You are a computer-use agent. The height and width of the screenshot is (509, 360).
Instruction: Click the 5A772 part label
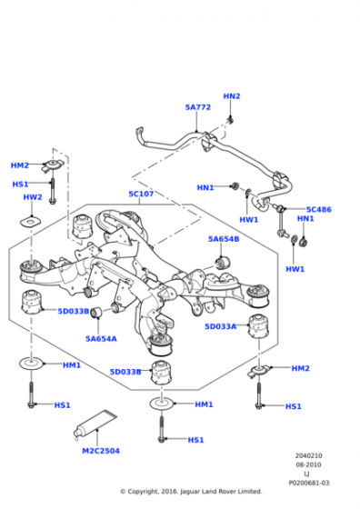(x=197, y=107)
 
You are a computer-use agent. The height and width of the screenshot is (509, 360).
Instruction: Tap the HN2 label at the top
(x=232, y=96)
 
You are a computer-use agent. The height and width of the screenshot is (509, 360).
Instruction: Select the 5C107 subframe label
(x=141, y=194)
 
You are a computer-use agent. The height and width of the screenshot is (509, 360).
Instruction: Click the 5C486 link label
(x=319, y=209)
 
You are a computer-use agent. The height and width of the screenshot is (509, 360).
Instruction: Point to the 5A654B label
(x=224, y=239)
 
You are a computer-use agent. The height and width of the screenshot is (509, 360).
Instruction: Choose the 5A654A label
(x=101, y=338)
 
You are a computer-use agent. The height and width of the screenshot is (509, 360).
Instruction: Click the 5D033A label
(x=220, y=326)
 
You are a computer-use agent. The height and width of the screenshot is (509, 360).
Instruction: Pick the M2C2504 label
(x=101, y=451)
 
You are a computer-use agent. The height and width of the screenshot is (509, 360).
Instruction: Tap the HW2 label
(x=33, y=197)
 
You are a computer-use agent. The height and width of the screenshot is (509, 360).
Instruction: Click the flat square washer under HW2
(x=31, y=223)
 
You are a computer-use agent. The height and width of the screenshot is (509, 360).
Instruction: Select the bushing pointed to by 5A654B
(x=223, y=263)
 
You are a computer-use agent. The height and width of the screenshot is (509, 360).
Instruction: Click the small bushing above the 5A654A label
(x=96, y=313)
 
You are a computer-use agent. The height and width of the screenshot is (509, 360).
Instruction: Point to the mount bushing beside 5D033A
(x=258, y=326)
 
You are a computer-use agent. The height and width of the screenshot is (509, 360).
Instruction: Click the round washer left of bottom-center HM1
(x=161, y=404)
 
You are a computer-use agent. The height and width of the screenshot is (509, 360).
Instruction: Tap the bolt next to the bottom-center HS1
(x=161, y=429)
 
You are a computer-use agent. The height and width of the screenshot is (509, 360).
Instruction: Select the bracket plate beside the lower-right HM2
(x=259, y=371)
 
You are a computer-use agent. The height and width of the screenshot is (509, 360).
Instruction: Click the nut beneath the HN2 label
(x=231, y=120)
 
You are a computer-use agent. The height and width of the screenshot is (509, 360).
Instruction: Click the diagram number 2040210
(x=308, y=455)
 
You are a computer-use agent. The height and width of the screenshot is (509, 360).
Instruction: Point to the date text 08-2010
(x=308, y=464)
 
